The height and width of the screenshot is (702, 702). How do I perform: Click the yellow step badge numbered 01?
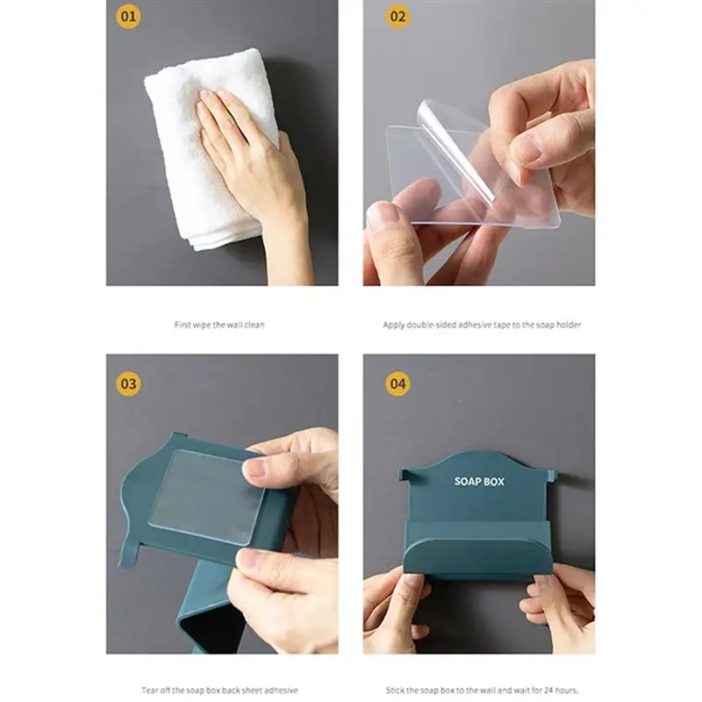coord(128,17)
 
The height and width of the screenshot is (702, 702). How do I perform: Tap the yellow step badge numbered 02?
coord(398,17)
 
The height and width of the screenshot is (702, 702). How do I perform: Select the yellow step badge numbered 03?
coord(128,383)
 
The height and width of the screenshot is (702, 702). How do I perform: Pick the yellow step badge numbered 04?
coord(398,383)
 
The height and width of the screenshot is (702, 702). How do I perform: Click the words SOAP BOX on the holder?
coord(479,481)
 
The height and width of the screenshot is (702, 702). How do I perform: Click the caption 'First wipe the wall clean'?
coord(219,325)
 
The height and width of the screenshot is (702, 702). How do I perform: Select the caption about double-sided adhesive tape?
coord(482,325)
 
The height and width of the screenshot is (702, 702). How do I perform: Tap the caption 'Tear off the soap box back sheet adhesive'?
coord(220,690)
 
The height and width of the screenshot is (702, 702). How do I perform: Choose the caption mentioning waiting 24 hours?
coord(482,690)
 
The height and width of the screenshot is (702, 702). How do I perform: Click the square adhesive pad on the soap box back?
coord(207,496)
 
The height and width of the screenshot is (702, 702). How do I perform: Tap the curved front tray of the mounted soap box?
coord(478,557)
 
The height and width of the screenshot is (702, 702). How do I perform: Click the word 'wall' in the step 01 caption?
coord(234,325)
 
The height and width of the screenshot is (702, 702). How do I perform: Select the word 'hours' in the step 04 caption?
coord(566,690)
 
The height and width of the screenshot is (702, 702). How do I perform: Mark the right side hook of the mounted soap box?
coord(552,476)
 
